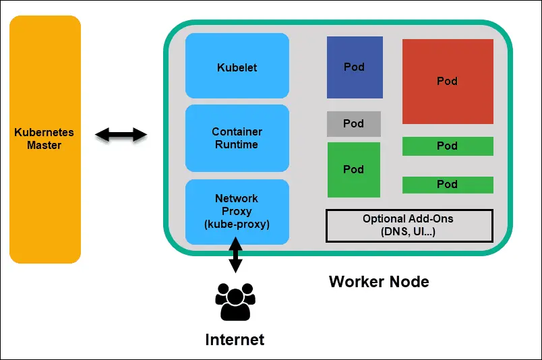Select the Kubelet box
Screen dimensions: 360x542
[237, 67]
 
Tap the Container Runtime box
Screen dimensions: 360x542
[237, 138]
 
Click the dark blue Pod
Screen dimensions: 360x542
[355, 67]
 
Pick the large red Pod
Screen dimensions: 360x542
[448, 81]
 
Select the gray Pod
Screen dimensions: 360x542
[354, 124]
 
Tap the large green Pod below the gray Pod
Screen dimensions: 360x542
[354, 169]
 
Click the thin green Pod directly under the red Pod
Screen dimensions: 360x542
[448, 146]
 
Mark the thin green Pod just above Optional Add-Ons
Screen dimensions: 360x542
[448, 184]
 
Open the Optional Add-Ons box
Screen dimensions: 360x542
[409, 225]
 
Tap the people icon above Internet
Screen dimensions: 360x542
[235, 301]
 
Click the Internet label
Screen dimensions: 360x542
[235, 339]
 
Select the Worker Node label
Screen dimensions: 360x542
[379, 281]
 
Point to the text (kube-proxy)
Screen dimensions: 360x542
[237, 224]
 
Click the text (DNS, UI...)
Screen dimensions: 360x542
[409, 232]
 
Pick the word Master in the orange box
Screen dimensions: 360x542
[44, 145]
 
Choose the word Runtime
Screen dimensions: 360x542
[237, 144]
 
